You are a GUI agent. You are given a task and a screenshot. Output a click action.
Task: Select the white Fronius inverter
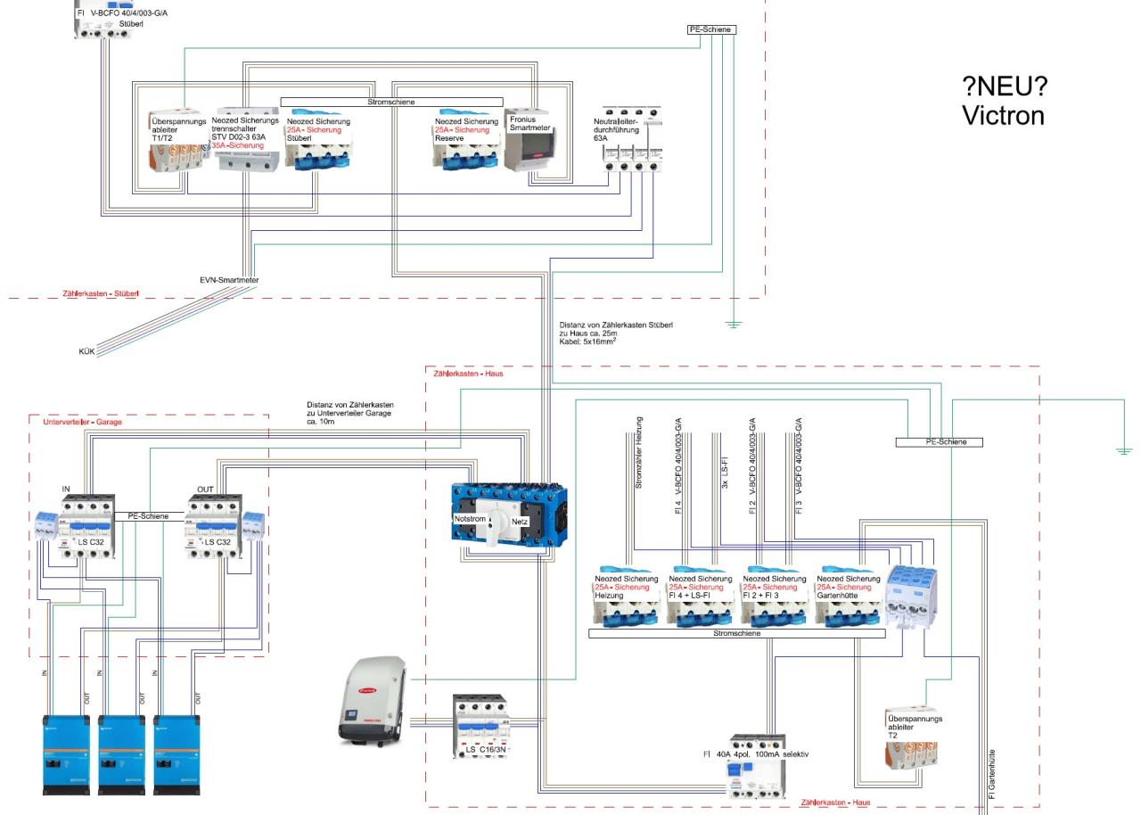373,701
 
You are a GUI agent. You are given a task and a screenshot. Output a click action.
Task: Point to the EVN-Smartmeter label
229,280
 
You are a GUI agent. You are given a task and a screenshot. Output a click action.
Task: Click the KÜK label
86,351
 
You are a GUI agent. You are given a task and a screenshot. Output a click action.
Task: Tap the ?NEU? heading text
1005,87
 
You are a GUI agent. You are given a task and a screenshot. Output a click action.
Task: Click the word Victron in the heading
1003,116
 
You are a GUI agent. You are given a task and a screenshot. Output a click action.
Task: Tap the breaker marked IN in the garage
86,527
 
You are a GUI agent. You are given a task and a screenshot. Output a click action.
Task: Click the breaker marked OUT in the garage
212,527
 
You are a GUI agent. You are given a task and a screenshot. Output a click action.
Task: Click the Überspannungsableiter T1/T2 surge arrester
178,144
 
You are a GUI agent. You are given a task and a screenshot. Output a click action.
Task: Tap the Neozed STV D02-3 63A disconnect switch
245,144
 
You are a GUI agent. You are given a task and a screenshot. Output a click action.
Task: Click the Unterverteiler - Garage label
82,422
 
